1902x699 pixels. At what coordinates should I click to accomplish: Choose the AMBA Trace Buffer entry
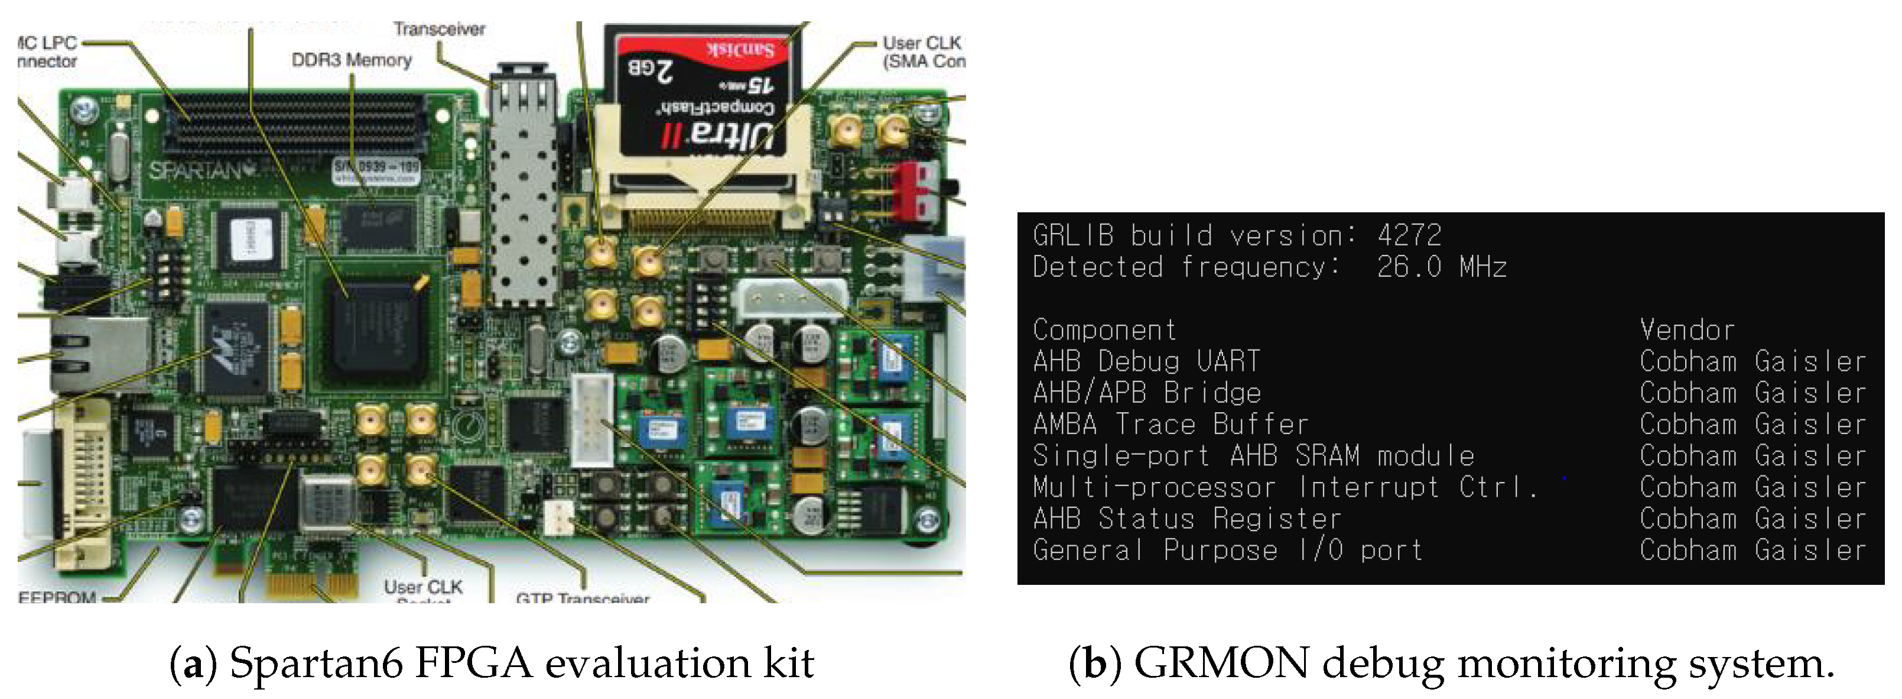click(1171, 425)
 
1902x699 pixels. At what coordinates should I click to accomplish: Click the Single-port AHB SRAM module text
click(1253, 456)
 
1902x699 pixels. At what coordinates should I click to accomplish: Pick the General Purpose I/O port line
click(1227, 551)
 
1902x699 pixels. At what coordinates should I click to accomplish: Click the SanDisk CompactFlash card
click(701, 96)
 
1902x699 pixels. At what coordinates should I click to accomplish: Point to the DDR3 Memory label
click(352, 60)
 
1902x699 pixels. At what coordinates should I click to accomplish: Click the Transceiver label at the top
click(440, 30)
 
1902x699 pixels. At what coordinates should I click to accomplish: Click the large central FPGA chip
click(376, 332)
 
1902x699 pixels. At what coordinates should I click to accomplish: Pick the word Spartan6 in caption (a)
click(316, 663)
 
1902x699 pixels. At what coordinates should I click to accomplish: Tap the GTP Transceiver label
click(583, 597)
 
